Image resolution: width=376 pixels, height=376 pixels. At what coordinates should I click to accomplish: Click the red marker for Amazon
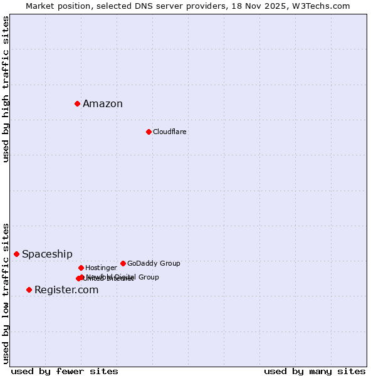(x=77, y=103)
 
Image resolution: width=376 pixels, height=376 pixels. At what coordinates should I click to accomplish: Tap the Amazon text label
(x=103, y=104)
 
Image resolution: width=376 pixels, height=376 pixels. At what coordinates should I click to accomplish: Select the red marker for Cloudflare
(x=149, y=132)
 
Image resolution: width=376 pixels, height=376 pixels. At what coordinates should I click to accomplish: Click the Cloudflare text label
(x=169, y=132)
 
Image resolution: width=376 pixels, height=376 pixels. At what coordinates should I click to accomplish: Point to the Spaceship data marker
(x=16, y=254)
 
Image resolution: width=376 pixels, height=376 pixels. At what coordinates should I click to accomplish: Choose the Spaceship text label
(x=47, y=254)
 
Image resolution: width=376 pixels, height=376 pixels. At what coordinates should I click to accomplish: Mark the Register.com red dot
(x=29, y=290)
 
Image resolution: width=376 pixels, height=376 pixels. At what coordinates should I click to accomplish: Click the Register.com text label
(x=66, y=290)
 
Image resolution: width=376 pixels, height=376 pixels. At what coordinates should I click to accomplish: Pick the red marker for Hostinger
(x=81, y=268)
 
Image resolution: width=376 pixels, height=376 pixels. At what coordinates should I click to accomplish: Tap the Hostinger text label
(x=101, y=268)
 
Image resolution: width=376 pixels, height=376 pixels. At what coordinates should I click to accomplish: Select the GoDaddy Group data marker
(x=123, y=263)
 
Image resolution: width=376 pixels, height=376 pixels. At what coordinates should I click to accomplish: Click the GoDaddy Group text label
(x=154, y=263)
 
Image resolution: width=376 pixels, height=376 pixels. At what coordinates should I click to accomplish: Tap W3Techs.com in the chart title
(x=320, y=6)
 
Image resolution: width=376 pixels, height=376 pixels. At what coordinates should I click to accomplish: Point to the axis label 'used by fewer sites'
(x=65, y=371)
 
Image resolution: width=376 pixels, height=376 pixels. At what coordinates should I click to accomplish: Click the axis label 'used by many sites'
(x=315, y=371)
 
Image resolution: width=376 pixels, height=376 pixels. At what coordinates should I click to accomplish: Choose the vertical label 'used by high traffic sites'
(x=6, y=89)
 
